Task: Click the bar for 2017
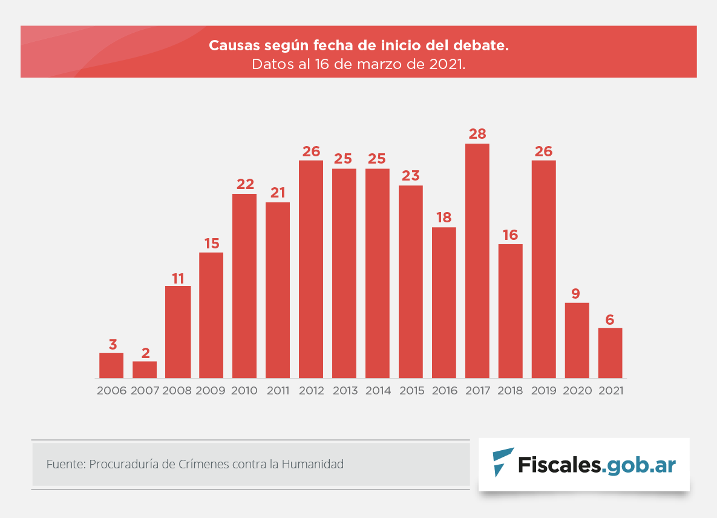[x=477, y=261]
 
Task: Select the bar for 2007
[x=145, y=370]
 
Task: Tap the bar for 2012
[x=311, y=269]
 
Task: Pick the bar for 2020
[x=577, y=340]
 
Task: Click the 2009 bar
[x=211, y=315]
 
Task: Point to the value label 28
[x=477, y=134]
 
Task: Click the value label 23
[x=411, y=176]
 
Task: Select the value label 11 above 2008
[x=178, y=279]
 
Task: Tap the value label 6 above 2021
[x=610, y=319]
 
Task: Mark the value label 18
[x=444, y=217]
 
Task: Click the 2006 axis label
[x=112, y=391]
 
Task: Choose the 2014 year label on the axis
[x=378, y=391]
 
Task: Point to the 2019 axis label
[x=544, y=391]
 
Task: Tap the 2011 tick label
[x=278, y=391]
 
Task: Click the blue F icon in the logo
[x=502, y=462]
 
